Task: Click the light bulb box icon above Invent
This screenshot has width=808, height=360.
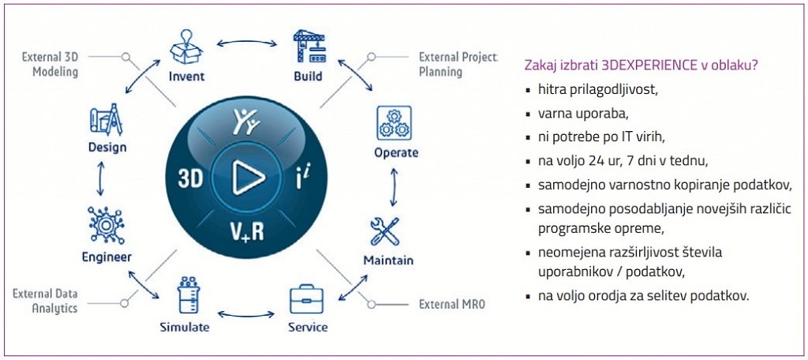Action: tap(187, 49)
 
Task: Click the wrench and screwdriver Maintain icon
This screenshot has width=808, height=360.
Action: tap(388, 231)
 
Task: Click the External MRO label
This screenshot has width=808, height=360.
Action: tap(447, 303)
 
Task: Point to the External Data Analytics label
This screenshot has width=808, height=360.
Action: tap(45, 301)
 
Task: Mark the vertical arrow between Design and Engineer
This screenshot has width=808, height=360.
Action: tap(100, 180)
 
